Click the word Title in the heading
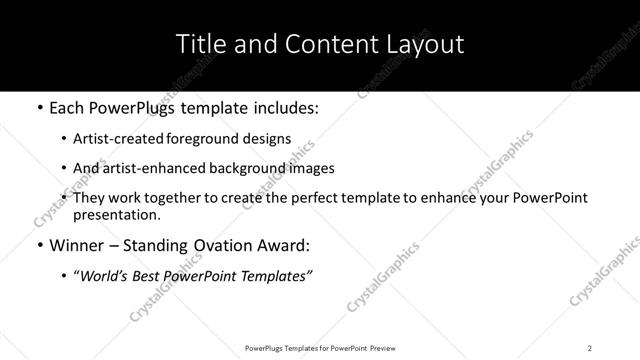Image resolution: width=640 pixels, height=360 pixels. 201,45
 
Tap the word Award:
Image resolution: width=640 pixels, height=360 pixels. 285,245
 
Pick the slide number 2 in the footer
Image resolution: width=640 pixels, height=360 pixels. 590,347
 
